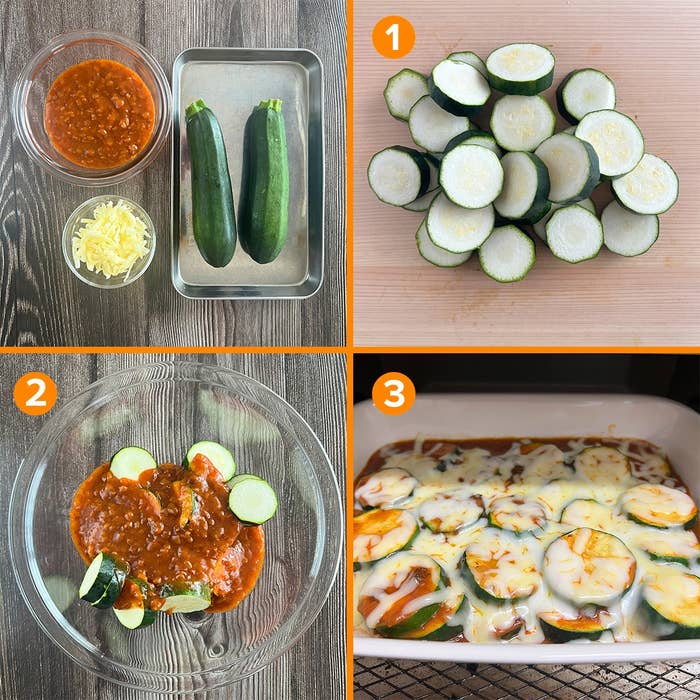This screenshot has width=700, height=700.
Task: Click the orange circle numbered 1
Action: pos(393,37)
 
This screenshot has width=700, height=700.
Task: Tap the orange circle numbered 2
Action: pos(35,394)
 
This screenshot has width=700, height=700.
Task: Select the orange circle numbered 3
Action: pos(393,394)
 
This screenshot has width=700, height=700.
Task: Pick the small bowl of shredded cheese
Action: pos(109,242)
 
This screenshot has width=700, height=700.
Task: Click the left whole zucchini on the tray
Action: pos(210,182)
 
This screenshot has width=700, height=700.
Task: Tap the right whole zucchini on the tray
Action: pos(264,180)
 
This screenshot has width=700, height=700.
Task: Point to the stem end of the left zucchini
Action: pos(196,107)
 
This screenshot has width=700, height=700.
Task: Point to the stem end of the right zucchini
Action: pos(270,105)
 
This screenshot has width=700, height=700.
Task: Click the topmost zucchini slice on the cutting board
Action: pos(520,68)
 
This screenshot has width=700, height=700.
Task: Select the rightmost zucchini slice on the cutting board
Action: pos(646,183)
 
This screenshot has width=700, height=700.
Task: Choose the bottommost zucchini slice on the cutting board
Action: pos(507,253)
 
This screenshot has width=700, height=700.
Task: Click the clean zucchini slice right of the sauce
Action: pos(253,500)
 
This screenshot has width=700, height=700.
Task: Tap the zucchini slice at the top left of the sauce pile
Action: pos(133,462)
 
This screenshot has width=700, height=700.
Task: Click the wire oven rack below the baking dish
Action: pos(527,680)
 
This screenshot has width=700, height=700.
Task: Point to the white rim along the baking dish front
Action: pos(527,651)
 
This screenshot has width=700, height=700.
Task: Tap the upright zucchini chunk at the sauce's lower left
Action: pos(103,580)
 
